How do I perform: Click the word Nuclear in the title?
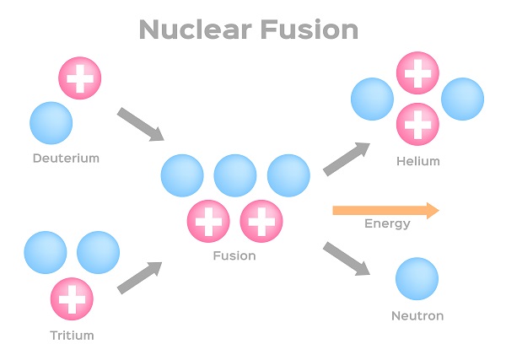[x=196, y=30]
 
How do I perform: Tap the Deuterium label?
[x=66, y=158]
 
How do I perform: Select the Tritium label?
[x=72, y=335]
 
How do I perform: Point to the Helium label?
[x=417, y=161]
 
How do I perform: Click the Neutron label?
[x=417, y=316]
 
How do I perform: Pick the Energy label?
[x=387, y=223]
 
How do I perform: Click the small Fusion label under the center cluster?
[x=234, y=255]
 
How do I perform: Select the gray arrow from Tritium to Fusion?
[x=139, y=277]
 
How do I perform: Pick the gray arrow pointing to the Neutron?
[x=347, y=259]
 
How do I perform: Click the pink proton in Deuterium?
[x=80, y=78]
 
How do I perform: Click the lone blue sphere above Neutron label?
[x=417, y=279]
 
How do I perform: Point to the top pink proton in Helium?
[x=417, y=73]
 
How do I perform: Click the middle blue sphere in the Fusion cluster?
[x=235, y=175]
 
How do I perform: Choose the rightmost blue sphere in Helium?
[x=462, y=99]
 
